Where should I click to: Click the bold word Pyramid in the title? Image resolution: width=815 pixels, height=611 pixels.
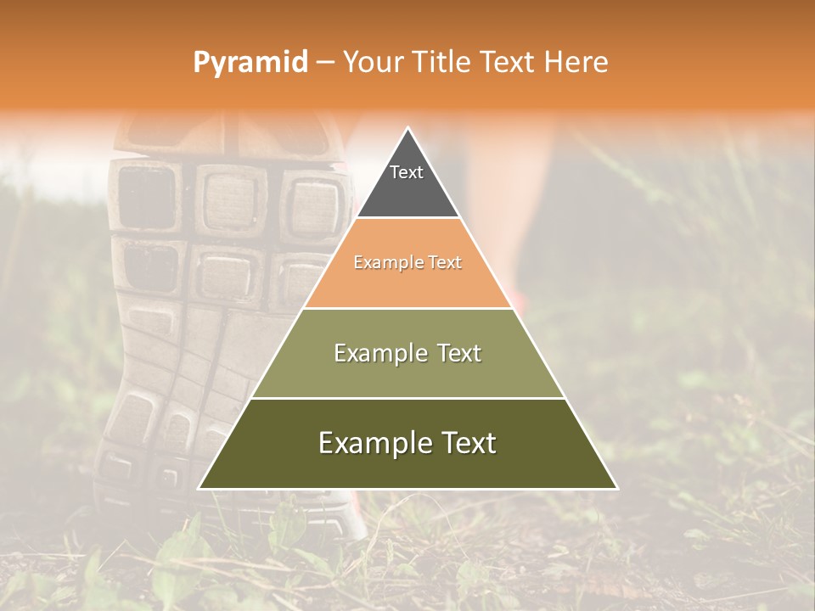click(x=250, y=63)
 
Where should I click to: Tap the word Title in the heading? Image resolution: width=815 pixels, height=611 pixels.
click(x=442, y=63)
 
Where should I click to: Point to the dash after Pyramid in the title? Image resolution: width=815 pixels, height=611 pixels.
click(x=324, y=63)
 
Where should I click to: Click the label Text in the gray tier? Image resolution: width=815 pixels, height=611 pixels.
click(x=407, y=172)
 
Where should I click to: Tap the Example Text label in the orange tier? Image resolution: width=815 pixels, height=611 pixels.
click(x=407, y=263)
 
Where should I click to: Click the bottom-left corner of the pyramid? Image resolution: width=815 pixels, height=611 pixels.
click(x=200, y=488)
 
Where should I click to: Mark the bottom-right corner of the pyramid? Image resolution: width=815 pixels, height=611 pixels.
click(x=615, y=488)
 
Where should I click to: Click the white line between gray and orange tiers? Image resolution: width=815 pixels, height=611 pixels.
click(x=407, y=218)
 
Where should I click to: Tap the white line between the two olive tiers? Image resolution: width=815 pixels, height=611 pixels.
click(x=407, y=398)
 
